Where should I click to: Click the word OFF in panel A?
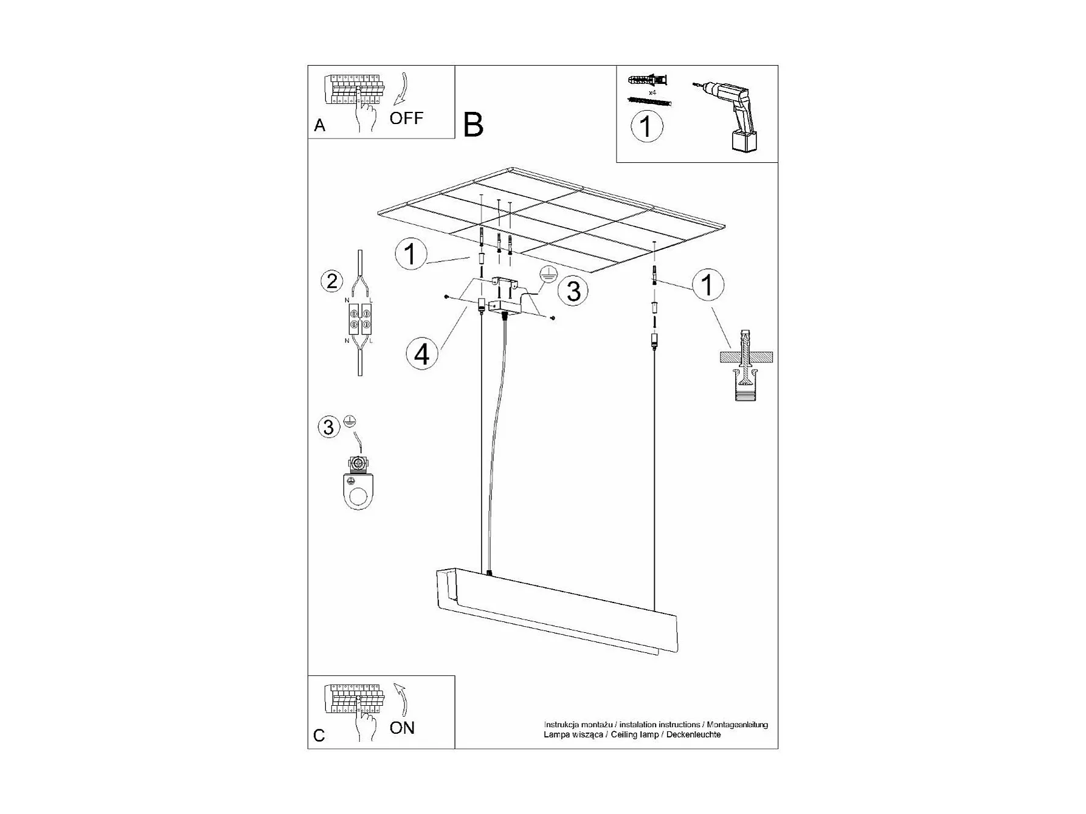(x=406, y=118)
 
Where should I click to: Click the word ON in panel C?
(x=402, y=728)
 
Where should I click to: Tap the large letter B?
(x=473, y=125)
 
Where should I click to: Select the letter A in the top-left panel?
(x=320, y=126)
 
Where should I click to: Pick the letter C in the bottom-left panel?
(x=319, y=736)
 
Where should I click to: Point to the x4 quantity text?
(x=652, y=92)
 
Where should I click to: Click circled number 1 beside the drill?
(x=646, y=126)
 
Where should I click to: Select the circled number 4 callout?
(x=422, y=353)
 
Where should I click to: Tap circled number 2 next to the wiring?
(x=332, y=281)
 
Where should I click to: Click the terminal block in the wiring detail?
(x=359, y=319)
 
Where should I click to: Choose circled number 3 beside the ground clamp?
(x=328, y=427)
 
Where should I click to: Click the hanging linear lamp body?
(x=556, y=611)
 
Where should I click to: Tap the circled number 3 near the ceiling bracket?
(x=573, y=291)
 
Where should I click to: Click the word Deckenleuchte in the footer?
(x=693, y=734)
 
